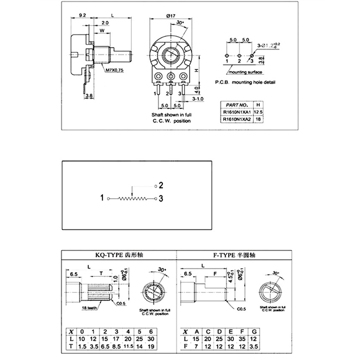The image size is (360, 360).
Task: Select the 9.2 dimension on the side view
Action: [82, 15]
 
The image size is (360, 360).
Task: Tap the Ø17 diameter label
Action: [171, 16]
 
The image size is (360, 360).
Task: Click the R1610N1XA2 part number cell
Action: [236, 120]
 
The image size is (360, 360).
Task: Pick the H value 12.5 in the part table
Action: [258, 112]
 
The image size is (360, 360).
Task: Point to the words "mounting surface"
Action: [246, 72]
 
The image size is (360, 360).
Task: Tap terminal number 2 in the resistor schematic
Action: [161, 185]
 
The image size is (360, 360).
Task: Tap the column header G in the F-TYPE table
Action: [254, 332]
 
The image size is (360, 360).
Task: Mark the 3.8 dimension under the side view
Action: [89, 95]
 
